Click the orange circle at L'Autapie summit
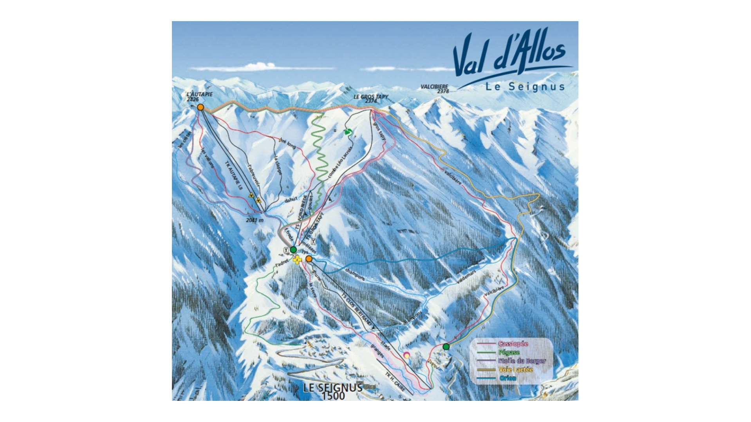coord(200,107)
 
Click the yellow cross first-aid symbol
coord(297,259)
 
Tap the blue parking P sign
coord(305,342)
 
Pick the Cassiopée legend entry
coord(513,344)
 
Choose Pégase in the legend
coord(509,352)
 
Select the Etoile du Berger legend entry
coord(522,361)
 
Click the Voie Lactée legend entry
coord(515,370)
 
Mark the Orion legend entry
coord(507,378)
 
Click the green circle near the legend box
coord(446,346)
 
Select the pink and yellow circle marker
coord(407,355)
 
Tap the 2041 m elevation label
coord(255,220)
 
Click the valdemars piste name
coord(466,277)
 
